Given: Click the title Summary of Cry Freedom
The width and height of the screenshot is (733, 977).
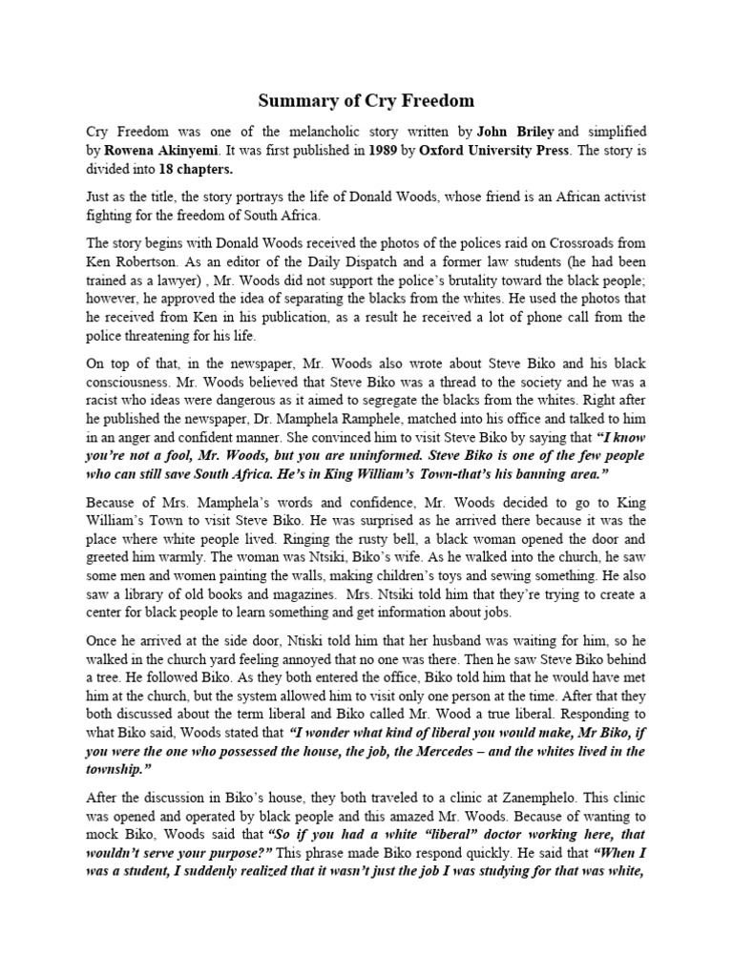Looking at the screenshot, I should click(367, 100).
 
